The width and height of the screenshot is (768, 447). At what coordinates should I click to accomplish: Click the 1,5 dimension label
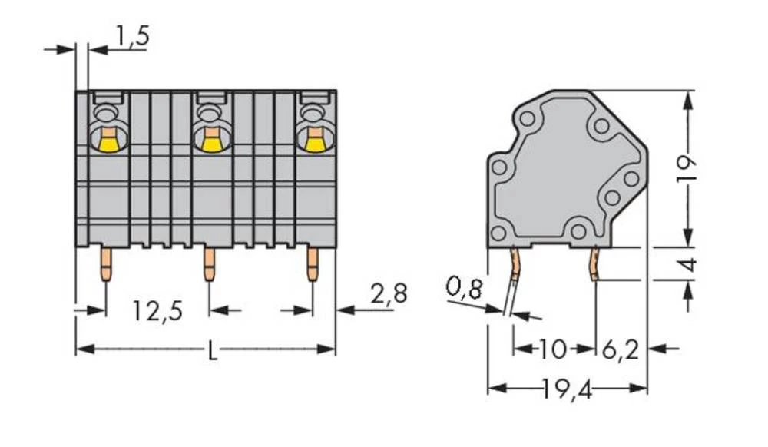(x=131, y=36)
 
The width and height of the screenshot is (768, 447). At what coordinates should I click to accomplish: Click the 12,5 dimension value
(x=157, y=311)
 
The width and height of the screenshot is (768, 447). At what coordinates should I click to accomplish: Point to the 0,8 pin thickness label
(x=464, y=290)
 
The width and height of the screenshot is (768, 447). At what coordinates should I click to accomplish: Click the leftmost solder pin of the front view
(x=106, y=264)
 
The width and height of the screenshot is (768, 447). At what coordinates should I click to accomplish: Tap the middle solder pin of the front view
(x=209, y=264)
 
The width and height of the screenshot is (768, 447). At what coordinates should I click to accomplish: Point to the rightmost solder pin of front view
(x=312, y=264)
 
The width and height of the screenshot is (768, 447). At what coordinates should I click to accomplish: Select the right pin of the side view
(x=595, y=264)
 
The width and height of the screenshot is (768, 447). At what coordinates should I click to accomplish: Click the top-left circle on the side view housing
(x=527, y=119)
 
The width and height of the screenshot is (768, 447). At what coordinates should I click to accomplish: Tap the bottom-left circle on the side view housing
(x=498, y=233)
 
